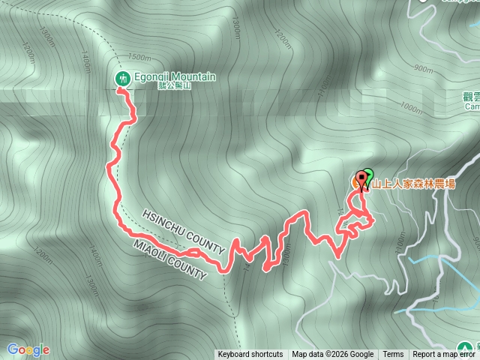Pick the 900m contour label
(x=424, y=69)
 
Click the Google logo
(x=28, y=349)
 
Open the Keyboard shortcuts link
(x=250, y=355)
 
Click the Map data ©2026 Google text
(x=333, y=355)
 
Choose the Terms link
(x=393, y=355)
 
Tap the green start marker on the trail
(x=367, y=174)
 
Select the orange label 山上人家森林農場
(x=415, y=182)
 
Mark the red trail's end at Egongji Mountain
(x=118, y=89)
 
